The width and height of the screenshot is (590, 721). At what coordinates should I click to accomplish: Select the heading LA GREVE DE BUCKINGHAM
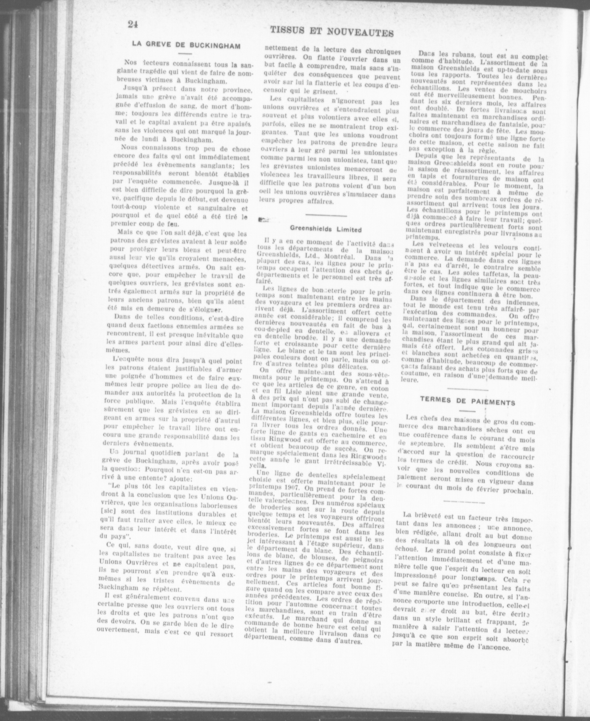click(x=186, y=45)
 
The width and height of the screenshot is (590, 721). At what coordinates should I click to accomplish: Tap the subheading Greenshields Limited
click(x=325, y=229)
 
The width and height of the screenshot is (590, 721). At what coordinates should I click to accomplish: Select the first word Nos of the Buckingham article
click(x=130, y=62)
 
